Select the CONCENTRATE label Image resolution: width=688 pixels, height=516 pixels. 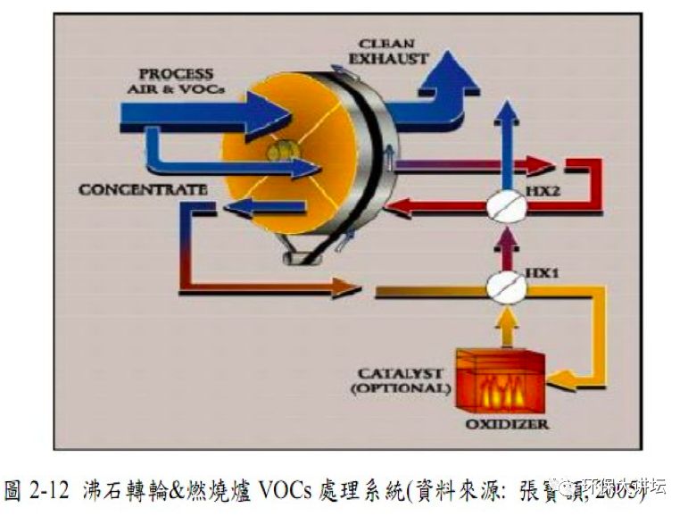(142, 190)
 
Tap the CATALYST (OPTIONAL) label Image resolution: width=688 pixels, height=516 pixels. (399, 380)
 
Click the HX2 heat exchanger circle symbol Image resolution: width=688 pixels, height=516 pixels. (507, 205)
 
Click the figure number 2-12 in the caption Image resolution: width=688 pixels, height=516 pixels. (50, 490)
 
